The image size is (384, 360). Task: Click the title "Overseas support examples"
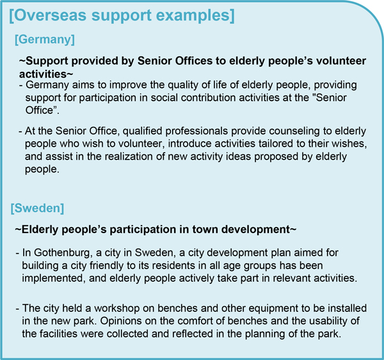pyautogui.click(x=122, y=14)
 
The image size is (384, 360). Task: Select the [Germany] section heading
pyautogui.click(x=44, y=40)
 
